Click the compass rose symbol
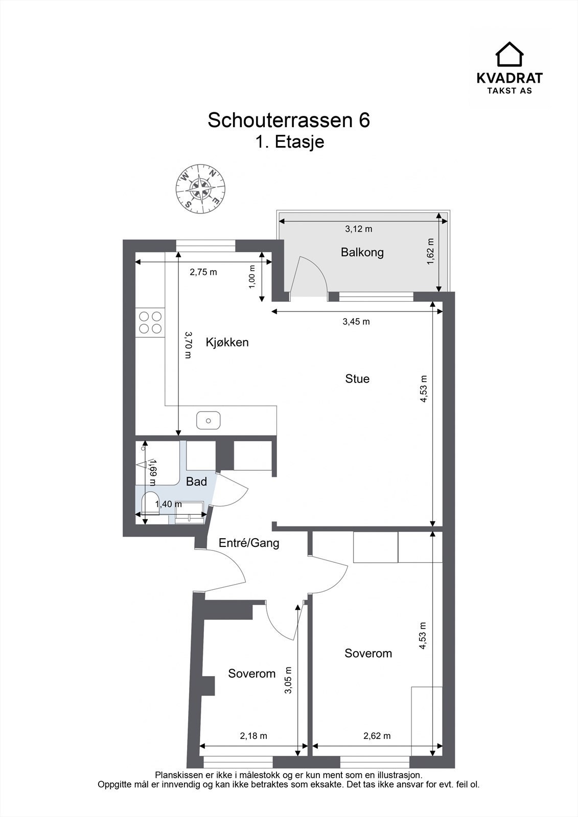200,189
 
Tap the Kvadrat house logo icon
510,54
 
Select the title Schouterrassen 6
289,121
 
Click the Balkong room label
362,252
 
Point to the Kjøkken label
227,342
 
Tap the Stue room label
357,378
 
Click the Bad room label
196,482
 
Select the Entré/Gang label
249,543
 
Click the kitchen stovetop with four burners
150,322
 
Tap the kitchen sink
208,421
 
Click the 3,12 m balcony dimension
359,229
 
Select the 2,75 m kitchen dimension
203,272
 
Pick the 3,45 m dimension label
356,322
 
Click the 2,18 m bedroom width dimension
253,736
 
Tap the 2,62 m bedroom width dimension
377,736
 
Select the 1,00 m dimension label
252,277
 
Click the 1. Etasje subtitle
290,142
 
